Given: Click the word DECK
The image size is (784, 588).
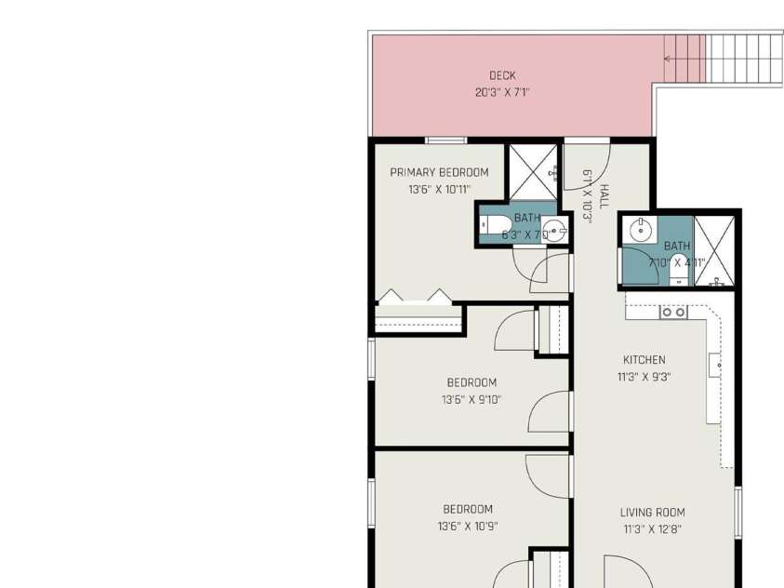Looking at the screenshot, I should [502, 76].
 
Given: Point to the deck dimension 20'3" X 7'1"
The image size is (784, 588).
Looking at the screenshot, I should [502, 93].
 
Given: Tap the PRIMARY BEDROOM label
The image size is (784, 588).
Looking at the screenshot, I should [439, 172].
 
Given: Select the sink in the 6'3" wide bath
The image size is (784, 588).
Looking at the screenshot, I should [555, 230].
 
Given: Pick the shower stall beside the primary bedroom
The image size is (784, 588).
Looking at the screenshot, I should [532, 172].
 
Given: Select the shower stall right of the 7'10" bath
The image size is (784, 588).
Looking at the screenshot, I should [715, 248].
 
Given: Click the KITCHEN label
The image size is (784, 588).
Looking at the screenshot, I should [644, 360].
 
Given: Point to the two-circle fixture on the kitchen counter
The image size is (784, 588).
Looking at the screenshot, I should [673, 313].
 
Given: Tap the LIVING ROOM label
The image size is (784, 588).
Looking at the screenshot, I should [652, 512].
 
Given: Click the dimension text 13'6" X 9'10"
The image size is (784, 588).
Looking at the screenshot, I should [471, 400].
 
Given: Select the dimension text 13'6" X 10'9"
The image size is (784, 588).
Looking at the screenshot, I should [467, 527].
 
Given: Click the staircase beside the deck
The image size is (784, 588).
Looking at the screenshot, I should [735, 58].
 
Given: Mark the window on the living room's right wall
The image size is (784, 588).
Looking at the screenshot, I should [737, 513].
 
